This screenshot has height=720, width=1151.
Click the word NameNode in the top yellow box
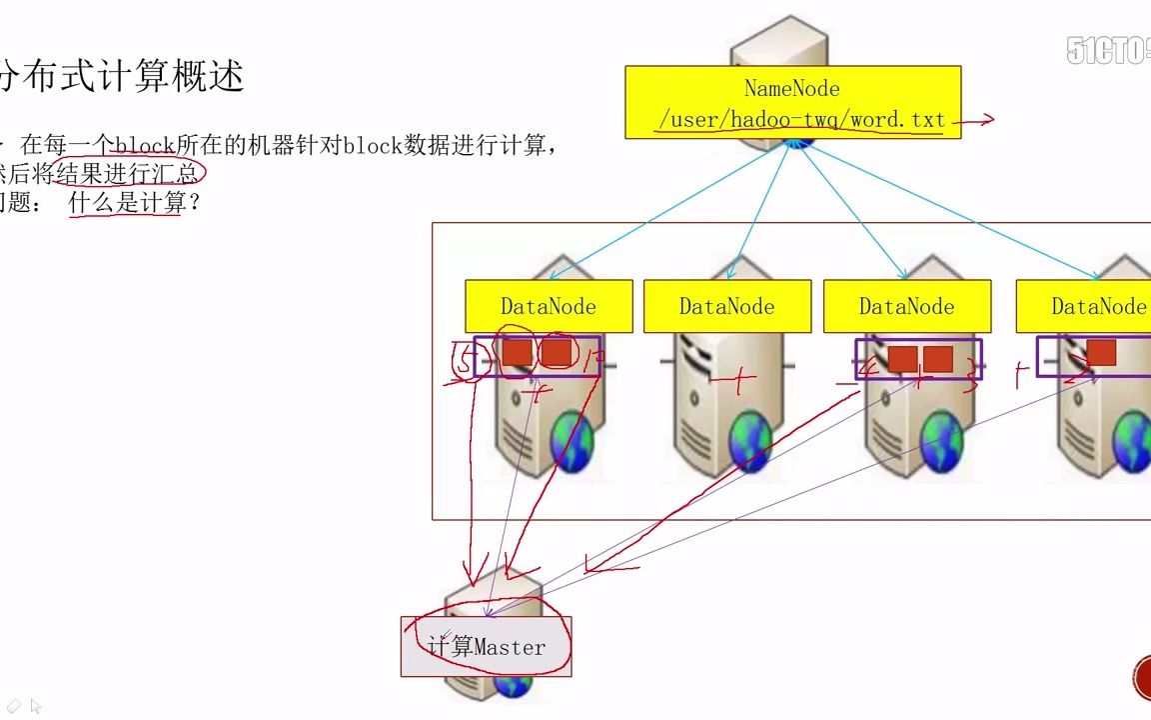[792, 89]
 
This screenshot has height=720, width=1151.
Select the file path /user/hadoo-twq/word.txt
[801, 121]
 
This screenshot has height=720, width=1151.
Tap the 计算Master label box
[487, 647]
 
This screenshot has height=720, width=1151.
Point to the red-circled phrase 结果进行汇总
[128, 174]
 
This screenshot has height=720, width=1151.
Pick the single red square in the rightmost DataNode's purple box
[1101, 352]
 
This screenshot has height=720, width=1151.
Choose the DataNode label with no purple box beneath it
[726, 307]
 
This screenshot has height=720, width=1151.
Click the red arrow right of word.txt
[974, 121]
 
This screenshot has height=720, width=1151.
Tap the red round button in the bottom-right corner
[1142, 678]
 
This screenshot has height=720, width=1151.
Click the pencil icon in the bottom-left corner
[14, 706]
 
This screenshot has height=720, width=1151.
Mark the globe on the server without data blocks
[750, 441]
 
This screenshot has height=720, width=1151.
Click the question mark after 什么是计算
[195, 203]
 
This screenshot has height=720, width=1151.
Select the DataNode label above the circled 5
[549, 307]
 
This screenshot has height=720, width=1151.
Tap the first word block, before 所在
[145, 146]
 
